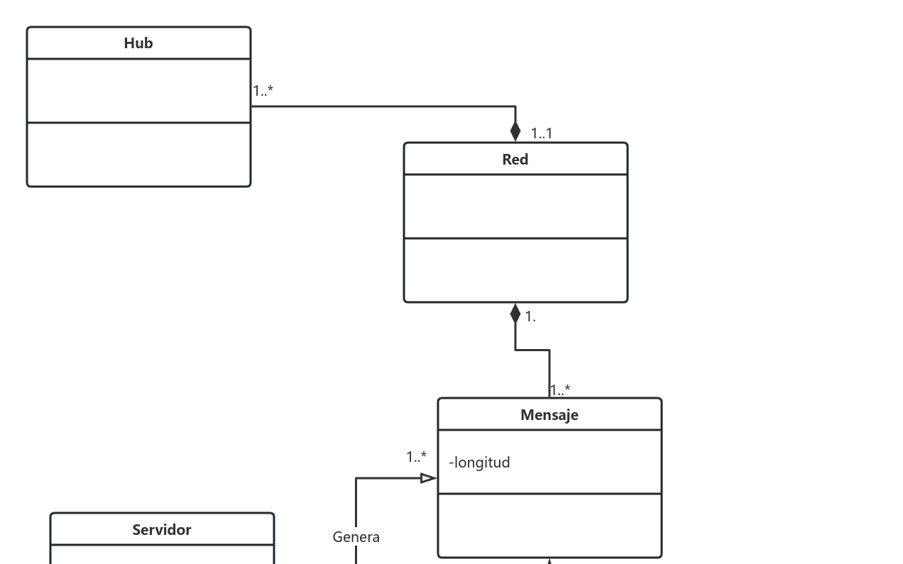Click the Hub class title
coord(138,43)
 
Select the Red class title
coord(515,160)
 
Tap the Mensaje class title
coord(549,415)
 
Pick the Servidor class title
coord(162,530)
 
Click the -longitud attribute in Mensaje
coord(479,463)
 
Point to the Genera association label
coord(356,537)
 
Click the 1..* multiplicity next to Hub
coord(263,91)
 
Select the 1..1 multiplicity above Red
coord(542,133)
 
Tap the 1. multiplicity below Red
coord(530,317)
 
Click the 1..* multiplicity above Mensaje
coord(560,390)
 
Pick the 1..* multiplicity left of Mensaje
coord(417,457)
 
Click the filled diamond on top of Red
coord(515,132)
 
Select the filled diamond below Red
coord(515,314)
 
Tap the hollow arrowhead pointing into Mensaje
coord(428,478)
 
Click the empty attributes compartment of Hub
coord(138,91)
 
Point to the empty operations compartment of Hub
coord(138,155)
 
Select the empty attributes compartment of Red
coord(515,206)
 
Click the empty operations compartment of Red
coord(515,270)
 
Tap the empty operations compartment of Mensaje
coord(549,526)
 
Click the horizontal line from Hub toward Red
coord(383,106)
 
